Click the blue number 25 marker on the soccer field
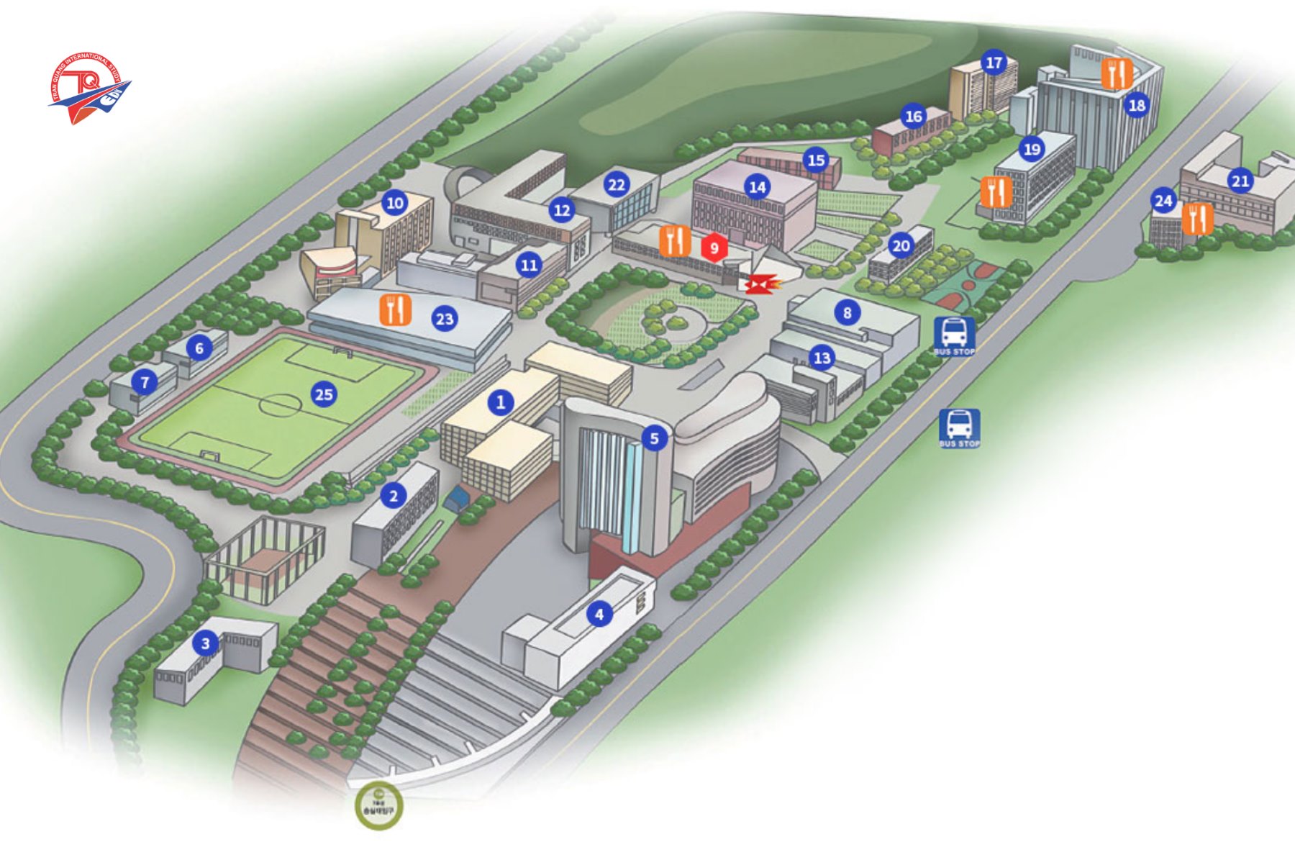[x=324, y=394]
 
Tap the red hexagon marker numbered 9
[x=714, y=248]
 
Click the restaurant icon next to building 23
[x=395, y=309]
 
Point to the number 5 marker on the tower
[x=654, y=438]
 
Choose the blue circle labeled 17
[x=994, y=63]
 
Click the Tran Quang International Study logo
[x=90, y=88]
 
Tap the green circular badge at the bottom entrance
[x=379, y=806]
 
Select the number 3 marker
[x=206, y=643]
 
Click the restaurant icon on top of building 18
[x=1117, y=73]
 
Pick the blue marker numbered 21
[x=1240, y=181]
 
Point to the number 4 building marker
[x=599, y=614]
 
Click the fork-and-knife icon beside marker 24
[x=1196, y=219]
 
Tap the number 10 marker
[x=395, y=203]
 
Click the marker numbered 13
[x=822, y=358]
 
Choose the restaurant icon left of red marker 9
[x=675, y=241]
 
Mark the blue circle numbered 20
[x=901, y=246]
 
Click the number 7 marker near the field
[x=145, y=381]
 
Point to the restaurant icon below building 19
[x=996, y=192]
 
